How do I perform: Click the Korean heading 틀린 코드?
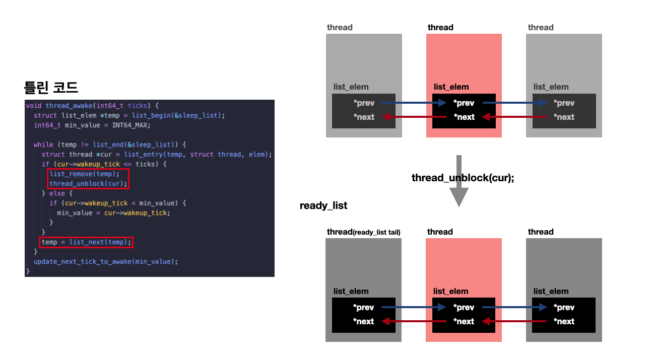(51, 88)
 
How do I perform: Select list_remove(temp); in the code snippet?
(85, 174)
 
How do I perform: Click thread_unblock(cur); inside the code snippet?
(88, 183)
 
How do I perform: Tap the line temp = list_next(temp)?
(87, 242)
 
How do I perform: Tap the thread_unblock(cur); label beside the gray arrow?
(463, 178)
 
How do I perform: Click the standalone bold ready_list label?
(323, 205)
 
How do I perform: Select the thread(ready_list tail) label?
(363, 232)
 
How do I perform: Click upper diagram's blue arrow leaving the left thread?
(414, 103)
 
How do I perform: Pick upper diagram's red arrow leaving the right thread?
(514, 117)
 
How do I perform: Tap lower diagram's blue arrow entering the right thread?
(514, 307)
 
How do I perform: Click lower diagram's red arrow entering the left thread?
(414, 321)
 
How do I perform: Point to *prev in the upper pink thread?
(464, 103)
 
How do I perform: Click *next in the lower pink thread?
(464, 321)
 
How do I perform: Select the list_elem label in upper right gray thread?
(551, 87)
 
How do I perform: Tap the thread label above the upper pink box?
(440, 27)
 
